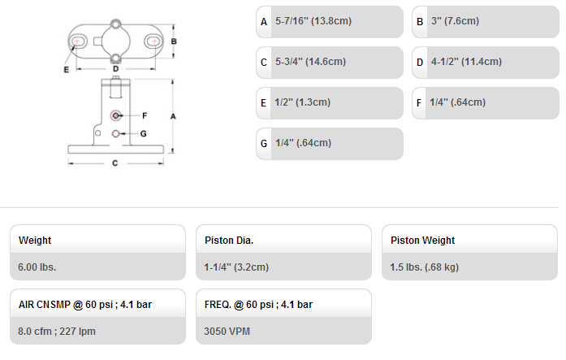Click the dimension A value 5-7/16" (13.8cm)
coord(313,21)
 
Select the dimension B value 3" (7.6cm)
coord(455,21)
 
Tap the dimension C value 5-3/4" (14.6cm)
coord(310,62)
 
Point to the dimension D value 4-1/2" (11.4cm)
coord(466,62)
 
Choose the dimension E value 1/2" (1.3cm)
coord(303,102)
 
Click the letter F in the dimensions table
coord(419,103)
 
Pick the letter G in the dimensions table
coord(264,144)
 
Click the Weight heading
coord(35,241)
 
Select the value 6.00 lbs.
coord(37,267)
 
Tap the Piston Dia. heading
coord(229,241)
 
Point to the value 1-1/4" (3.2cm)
coord(236,267)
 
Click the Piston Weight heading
coord(423,241)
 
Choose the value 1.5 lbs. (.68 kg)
coord(424,267)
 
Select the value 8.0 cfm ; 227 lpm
coord(57,332)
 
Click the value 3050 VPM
coord(227,332)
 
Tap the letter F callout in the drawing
coord(145,115)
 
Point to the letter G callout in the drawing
coord(143,133)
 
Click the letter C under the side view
coord(114,163)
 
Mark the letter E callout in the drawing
coord(67,70)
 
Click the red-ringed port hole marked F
coord(115,115)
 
